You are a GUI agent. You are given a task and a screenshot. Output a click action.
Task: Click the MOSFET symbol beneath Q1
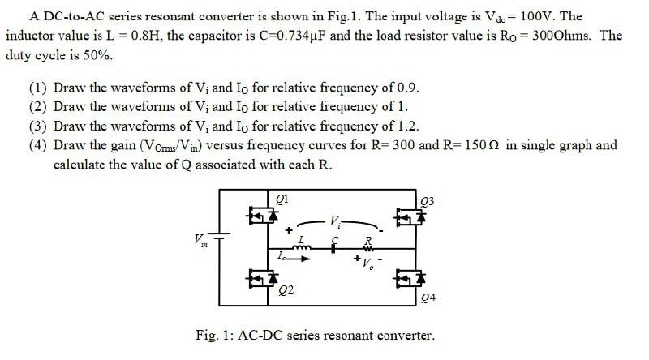[x=262, y=216]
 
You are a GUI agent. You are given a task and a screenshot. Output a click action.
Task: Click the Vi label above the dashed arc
[x=335, y=219]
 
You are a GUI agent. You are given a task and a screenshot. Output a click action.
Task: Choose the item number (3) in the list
[x=37, y=126]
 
